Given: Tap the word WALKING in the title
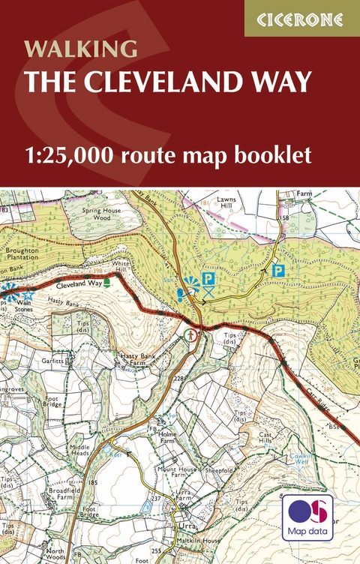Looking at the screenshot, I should click(x=81, y=49).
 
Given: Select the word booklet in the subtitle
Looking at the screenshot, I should click(x=277, y=157).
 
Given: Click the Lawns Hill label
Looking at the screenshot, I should click(x=226, y=203).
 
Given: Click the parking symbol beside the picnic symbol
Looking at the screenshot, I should click(x=209, y=279).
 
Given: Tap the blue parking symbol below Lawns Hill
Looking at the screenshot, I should click(x=278, y=271).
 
